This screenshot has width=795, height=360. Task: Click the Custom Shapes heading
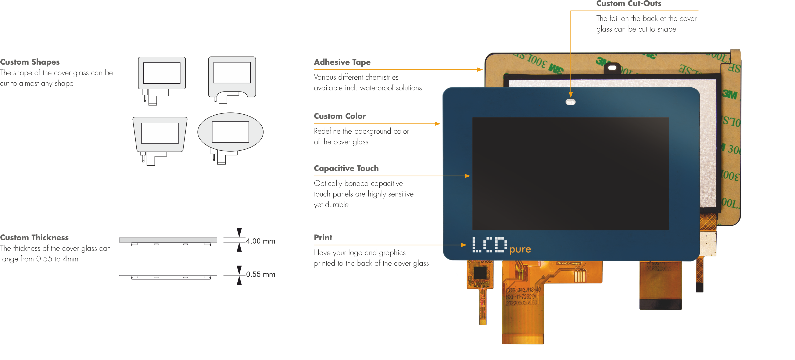coord(30,62)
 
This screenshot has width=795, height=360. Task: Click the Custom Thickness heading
coord(34,238)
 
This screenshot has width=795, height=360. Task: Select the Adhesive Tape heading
coord(342,62)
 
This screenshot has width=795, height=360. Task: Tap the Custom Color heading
coord(340,116)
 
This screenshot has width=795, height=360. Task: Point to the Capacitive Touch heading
coord(346,168)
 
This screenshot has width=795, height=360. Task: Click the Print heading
coord(323,238)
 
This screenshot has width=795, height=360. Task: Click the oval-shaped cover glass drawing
coord(230,132)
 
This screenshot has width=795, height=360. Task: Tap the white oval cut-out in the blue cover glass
coord(570,102)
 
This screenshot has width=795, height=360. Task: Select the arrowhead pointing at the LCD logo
coord(464,245)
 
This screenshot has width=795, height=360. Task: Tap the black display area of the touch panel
coord(570,173)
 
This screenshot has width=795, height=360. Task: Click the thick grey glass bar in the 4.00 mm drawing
coord(168,240)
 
